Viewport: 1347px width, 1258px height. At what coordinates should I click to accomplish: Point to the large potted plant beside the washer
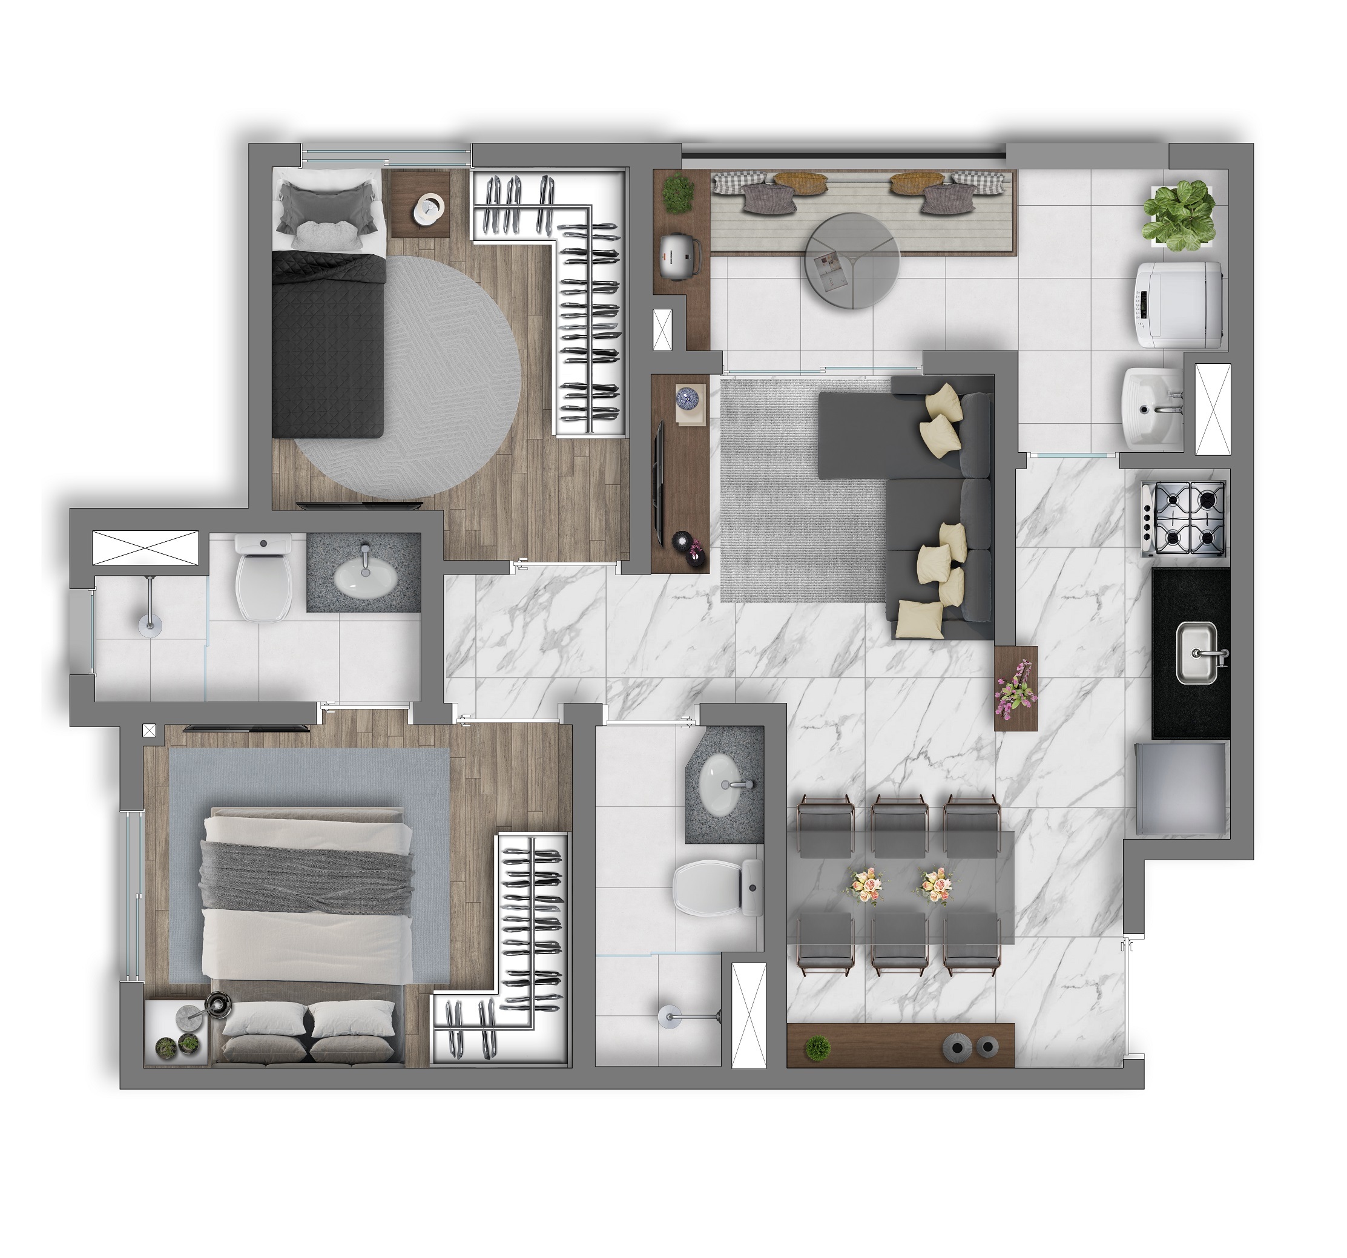pos(1179,211)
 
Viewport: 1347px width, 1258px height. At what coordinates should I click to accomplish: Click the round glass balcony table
pos(852,261)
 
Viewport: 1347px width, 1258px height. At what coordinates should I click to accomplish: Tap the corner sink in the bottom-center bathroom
pos(725,786)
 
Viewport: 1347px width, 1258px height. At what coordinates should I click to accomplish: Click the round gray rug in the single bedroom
pos(420,380)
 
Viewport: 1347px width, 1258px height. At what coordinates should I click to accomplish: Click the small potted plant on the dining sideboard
pos(818,1047)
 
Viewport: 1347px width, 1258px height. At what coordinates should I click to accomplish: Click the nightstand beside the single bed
pos(420,203)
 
